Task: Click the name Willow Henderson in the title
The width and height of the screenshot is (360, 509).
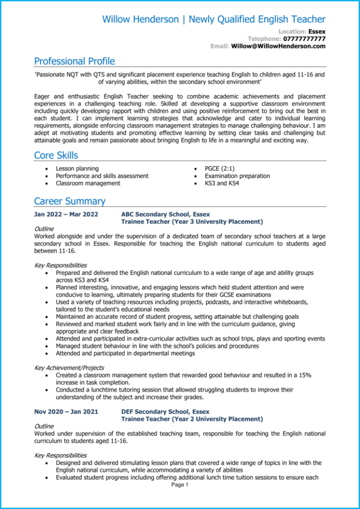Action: [140, 19]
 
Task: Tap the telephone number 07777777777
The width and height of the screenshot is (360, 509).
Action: [304, 39]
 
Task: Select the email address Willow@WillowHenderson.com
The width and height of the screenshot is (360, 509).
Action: [278, 46]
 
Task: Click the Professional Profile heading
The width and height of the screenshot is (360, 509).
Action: [74, 61]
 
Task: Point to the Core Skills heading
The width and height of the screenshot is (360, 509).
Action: [56, 155]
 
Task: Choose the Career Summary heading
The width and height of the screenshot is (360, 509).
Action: [70, 201]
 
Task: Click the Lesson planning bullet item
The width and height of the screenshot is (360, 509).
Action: [77, 169]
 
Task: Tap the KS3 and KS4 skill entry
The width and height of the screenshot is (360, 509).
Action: [222, 183]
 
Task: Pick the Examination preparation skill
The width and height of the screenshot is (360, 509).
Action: [237, 176]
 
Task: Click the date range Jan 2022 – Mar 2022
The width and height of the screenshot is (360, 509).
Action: [66, 215]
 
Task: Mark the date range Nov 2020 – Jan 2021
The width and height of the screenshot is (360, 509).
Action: [66, 412]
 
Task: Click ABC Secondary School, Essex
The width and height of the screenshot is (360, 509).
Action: [166, 215]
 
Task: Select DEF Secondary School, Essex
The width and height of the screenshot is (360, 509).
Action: [165, 412]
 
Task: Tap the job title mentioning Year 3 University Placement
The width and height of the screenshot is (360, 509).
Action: [192, 222]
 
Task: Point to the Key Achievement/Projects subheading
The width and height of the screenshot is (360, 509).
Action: [69, 368]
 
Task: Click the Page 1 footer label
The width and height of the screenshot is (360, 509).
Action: [180, 485]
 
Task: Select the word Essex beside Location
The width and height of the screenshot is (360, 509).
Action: [317, 31]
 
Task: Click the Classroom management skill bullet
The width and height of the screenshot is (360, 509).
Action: [88, 183]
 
